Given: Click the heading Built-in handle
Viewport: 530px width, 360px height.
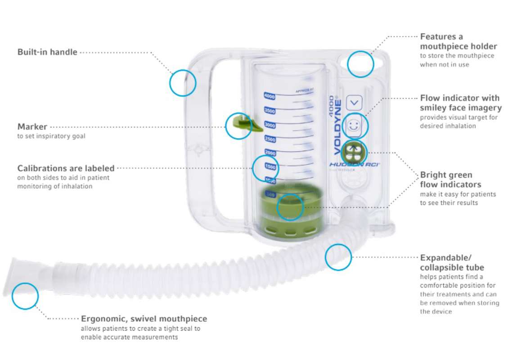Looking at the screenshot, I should (x=47, y=52).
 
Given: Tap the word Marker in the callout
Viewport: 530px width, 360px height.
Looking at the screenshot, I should (x=32, y=127).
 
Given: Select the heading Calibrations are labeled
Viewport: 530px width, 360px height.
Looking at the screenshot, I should (x=66, y=168).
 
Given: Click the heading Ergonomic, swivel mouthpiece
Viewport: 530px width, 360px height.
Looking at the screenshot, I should (x=144, y=319).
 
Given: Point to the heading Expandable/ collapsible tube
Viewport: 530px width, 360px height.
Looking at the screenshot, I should (x=445, y=263).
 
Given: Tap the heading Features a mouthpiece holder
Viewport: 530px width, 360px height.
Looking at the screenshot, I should (x=458, y=41).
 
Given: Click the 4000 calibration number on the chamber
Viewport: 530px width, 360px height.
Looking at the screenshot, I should (x=269, y=96).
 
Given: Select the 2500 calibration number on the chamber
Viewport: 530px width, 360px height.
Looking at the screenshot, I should (x=269, y=139).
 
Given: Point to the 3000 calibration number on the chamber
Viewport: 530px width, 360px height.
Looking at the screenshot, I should (x=269, y=125).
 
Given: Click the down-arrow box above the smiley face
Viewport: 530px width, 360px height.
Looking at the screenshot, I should (x=355, y=103).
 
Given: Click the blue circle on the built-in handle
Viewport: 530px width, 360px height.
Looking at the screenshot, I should (x=183, y=83).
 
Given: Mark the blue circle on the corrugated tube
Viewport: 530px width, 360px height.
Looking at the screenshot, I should (x=338, y=257).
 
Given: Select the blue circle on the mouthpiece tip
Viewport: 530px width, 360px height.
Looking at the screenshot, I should (x=25, y=296).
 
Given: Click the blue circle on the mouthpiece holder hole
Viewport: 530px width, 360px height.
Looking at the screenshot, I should (x=360, y=63).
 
